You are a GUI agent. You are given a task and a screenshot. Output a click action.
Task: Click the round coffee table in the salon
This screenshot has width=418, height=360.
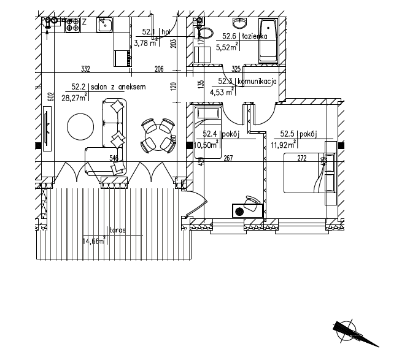tap(81, 128)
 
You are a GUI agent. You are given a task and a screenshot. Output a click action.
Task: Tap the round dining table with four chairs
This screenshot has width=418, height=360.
tap(157, 135)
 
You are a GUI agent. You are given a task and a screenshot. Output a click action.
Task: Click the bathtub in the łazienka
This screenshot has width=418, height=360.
tap(268, 40)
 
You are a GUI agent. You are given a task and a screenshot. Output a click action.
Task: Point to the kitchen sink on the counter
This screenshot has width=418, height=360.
tap(104, 25)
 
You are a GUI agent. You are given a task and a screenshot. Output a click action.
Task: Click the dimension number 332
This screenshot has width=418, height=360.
tap(86, 69)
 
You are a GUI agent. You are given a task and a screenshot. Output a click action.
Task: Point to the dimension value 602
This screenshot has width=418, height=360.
tap(52, 96)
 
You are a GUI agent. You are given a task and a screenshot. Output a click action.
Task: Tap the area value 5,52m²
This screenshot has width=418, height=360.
tap(226, 45)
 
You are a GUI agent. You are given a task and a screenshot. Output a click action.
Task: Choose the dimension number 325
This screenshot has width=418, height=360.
tap(236, 69)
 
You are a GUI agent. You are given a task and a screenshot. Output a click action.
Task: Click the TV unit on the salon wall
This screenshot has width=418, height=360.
tap(47, 129)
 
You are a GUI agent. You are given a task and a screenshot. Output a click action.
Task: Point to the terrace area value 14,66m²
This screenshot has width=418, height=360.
tap(93, 241)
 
